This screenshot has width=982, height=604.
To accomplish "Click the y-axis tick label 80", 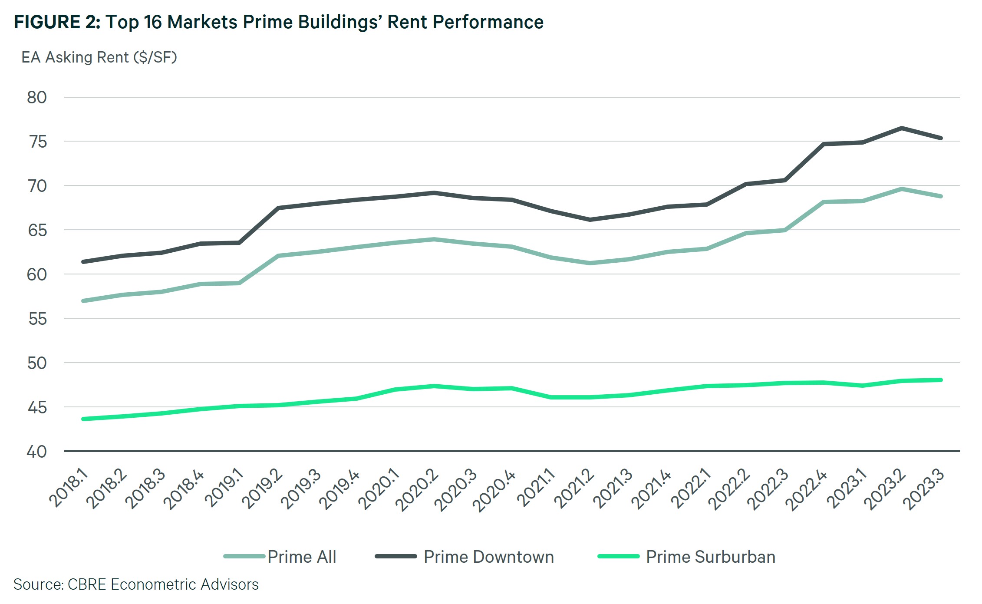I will tap(37, 98).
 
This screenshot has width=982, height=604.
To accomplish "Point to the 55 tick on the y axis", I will tap(37, 319).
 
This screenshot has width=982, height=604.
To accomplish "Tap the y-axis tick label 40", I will tap(37, 452).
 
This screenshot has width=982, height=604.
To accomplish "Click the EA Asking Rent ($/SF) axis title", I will tap(99, 57).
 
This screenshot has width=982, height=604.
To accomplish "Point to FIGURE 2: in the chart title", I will tap(57, 22).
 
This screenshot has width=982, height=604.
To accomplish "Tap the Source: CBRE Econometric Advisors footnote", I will tap(136, 584).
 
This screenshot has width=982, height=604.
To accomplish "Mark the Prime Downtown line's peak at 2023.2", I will tap(902, 128).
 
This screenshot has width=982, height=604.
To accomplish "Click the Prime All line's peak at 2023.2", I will tap(902, 189).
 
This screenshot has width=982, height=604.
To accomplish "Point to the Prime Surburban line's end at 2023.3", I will tap(941, 380).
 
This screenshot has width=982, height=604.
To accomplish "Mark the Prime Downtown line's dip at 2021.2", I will tap(590, 220).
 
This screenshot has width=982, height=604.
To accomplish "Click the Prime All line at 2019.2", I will tap(278, 256).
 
